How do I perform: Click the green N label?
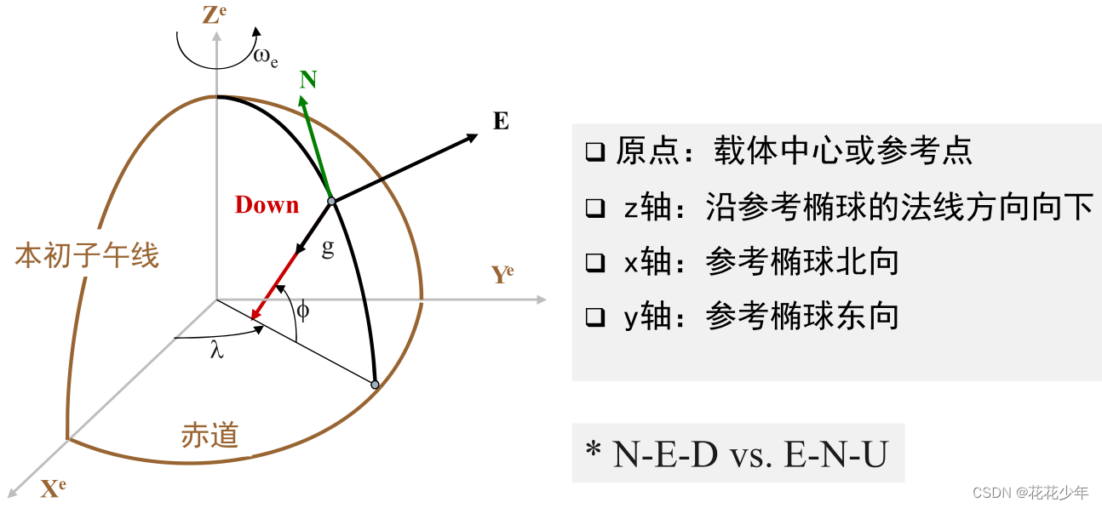(308, 80)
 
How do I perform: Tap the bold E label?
(501, 122)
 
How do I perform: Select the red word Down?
(267, 205)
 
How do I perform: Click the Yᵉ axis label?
(502, 275)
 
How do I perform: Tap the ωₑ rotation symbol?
(265, 57)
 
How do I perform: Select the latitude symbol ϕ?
(302, 310)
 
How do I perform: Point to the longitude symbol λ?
(217, 350)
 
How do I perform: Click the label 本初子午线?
(87, 254)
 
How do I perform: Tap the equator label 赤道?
(209, 436)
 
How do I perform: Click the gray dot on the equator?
(375, 385)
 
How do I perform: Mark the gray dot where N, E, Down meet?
(332, 202)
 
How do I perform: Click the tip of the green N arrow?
(301, 96)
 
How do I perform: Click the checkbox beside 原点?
(594, 152)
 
